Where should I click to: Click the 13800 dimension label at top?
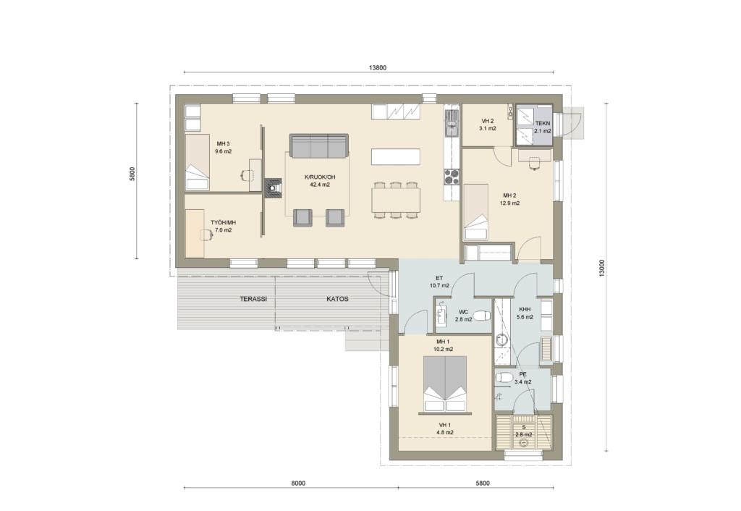378,67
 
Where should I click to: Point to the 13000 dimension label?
601,268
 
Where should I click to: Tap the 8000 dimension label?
298,483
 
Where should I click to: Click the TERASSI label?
253,299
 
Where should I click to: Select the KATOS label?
337,299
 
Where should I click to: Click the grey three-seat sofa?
319,146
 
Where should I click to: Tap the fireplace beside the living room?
273,187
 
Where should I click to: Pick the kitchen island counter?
396,156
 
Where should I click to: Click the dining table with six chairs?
396,200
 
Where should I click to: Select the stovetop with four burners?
452,177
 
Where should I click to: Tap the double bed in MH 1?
445,384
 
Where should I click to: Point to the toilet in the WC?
481,314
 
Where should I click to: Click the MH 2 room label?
509,200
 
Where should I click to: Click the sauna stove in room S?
523,443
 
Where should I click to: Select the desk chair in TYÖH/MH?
206,235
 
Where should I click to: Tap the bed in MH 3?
197,162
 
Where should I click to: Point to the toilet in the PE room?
503,377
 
